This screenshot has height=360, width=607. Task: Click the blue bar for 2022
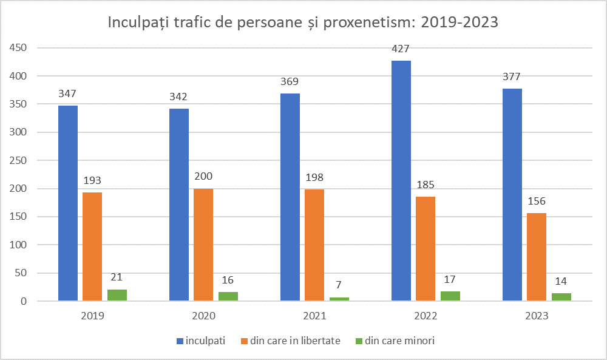coord(401,181)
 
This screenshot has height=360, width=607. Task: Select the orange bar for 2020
coord(203,245)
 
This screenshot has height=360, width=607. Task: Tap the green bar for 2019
coord(117,295)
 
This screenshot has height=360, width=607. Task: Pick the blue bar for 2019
coord(68,203)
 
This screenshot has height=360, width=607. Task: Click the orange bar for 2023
coord(537,257)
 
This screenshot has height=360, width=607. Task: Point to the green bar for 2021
coord(339,299)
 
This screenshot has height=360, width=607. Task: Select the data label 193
coord(92,180)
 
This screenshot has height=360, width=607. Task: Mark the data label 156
coord(537,202)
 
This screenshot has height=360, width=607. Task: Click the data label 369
coord(290,81)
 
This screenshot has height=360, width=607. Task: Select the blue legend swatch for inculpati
coord(180,341)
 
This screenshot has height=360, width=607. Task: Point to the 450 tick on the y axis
coord(19,48)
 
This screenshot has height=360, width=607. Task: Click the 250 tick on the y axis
coord(19,161)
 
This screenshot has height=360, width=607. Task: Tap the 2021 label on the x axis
coord(314,316)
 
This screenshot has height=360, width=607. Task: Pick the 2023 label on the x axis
coord(537,316)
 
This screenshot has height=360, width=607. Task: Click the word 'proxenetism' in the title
coord(354,23)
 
